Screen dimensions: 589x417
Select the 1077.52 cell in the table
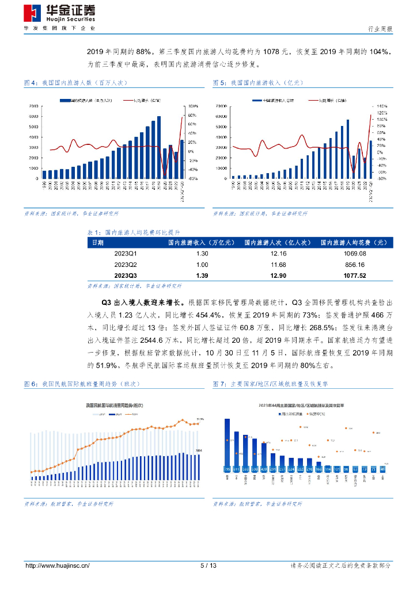tap(355, 276)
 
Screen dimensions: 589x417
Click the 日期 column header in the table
tap(98, 243)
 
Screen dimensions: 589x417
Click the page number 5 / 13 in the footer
tap(208, 566)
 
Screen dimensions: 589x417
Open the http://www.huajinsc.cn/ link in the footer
tap(57, 566)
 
